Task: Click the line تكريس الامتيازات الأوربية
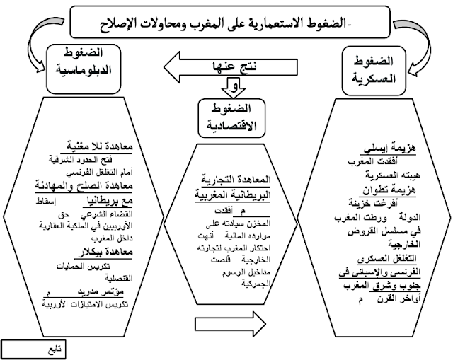pos(88,303)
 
